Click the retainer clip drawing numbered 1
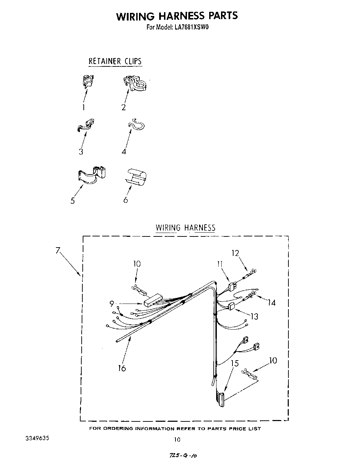(88, 81)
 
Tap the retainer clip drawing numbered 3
(86, 126)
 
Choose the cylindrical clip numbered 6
(136, 176)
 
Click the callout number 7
(58, 250)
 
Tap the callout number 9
(112, 304)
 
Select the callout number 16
(122, 368)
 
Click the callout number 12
(236, 253)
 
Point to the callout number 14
(272, 302)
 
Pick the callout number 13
(254, 316)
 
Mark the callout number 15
(235, 363)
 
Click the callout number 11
(220, 264)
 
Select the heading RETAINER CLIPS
(115, 61)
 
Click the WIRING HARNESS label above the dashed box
(185, 228)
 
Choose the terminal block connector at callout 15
(220, 398)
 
